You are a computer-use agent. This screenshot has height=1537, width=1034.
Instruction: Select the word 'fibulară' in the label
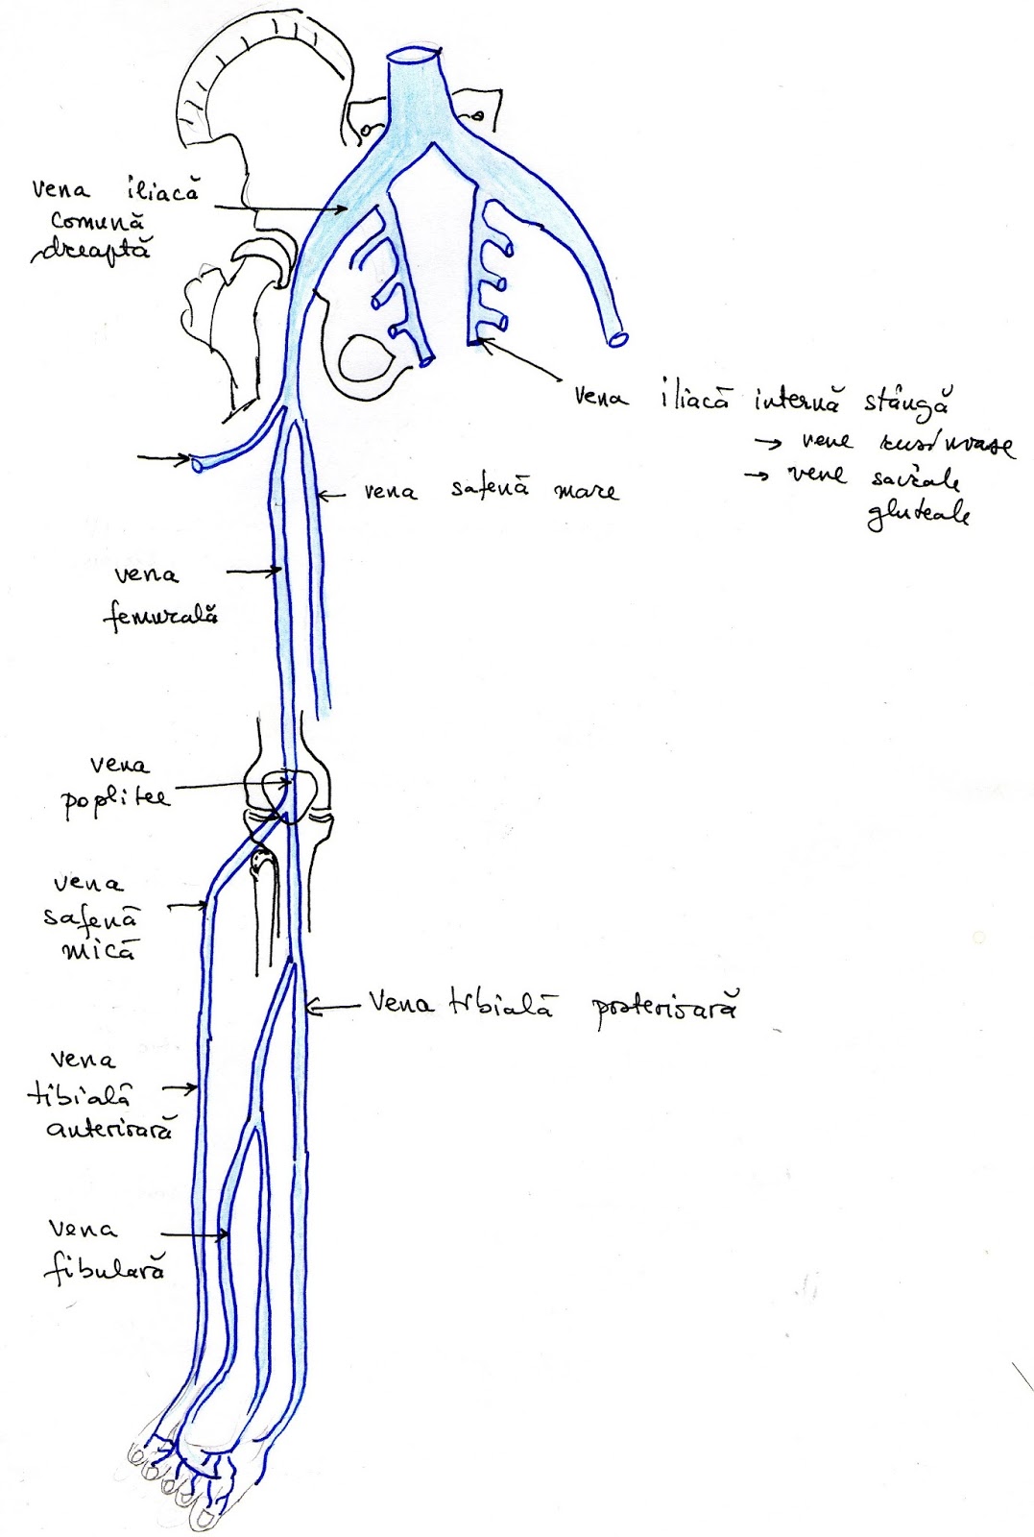[x=105, y=1267]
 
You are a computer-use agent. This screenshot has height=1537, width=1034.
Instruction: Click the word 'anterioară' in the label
[x=110, y=1128]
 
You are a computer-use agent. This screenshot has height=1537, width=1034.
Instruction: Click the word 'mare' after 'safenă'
[x=587, y=492]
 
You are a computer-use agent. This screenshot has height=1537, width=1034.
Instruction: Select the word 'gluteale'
[x=917, y=516]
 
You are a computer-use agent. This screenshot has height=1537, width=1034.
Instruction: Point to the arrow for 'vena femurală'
[x=253, y=572]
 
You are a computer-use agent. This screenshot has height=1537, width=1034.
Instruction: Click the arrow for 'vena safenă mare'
[x=330, y=495]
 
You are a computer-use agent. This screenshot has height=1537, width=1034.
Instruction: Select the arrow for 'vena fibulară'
[x=196, y=1234]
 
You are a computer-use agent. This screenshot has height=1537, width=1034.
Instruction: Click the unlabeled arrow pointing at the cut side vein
[x=164, y=460]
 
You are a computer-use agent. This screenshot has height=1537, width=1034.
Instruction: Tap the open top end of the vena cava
[x=415, y=55]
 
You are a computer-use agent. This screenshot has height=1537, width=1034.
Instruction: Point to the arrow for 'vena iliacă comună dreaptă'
[x=279, y=207]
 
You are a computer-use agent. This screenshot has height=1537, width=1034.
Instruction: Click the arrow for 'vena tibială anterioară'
[x=180, y=1088]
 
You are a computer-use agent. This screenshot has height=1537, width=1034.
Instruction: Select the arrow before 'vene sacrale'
[x=758, y=475]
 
